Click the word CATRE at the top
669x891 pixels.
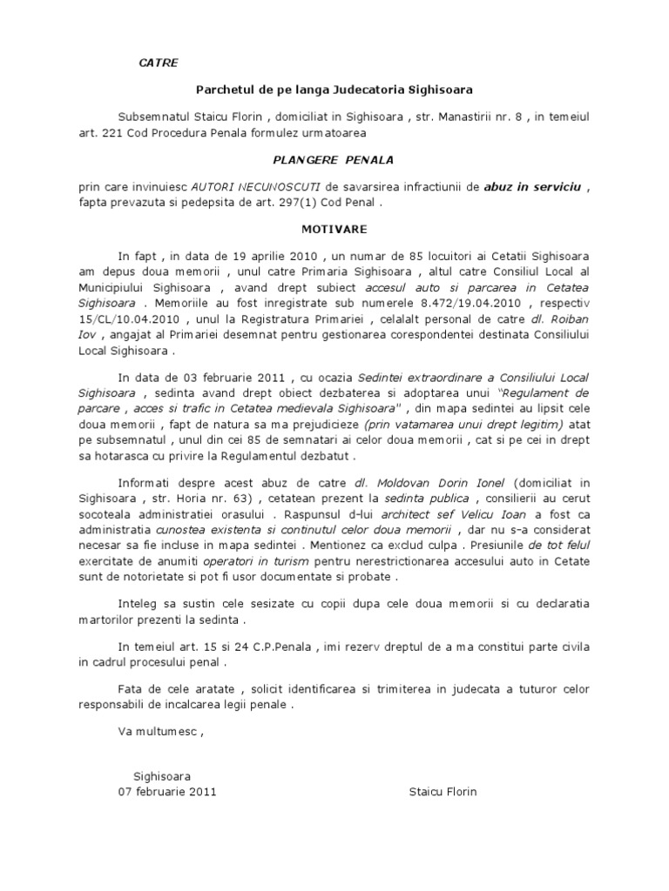(x=159, y=63)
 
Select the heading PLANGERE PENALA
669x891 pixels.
(x=334, y=159)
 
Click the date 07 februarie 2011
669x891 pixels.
(x=167, y=792)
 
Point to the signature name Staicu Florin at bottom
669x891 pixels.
(x=443, y=792)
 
